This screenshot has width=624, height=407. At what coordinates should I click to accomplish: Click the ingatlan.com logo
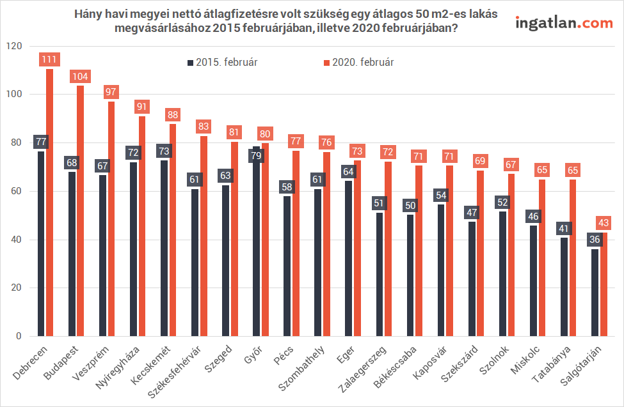[564, 23]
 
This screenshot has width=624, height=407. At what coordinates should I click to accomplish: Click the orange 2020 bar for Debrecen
[50, 204]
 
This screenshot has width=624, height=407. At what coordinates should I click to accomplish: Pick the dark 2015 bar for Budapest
[72, 256]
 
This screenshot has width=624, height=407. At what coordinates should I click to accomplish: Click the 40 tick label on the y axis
[17, 240]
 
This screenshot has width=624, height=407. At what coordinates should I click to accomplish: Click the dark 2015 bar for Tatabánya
[564, 288]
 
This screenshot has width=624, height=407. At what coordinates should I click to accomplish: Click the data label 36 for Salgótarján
[595, 240]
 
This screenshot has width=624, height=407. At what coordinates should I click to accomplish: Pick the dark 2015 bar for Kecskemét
[164, 249]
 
